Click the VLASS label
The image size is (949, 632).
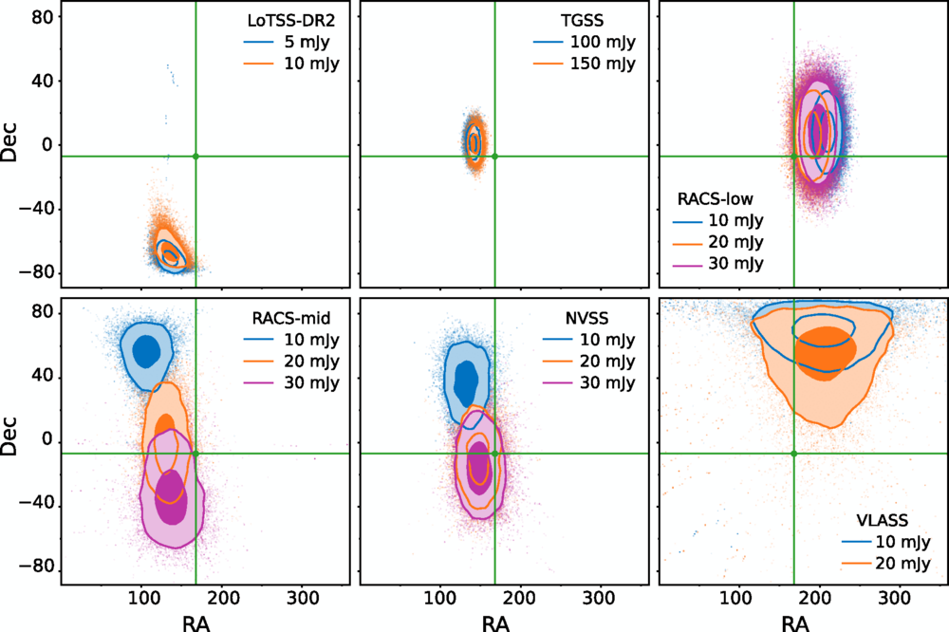pyautogui.click(x=882, y=520)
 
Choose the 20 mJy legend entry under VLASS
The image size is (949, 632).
pyautogui.click(x=882, y=564)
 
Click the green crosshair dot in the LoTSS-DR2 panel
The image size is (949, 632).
pyautogui.click(x=195, y=156)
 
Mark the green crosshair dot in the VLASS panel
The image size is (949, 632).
pyautogui.click(x=793, y=454)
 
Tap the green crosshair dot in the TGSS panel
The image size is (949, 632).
pyautogui.click(x=494, y=156)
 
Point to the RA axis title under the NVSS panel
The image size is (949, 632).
pyautogui.click(x=494, y=622)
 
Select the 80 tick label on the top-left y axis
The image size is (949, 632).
pyautogui.click(x=38, y=17)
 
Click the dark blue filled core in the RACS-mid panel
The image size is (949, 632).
pyautogui.click(x=145, y=350)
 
